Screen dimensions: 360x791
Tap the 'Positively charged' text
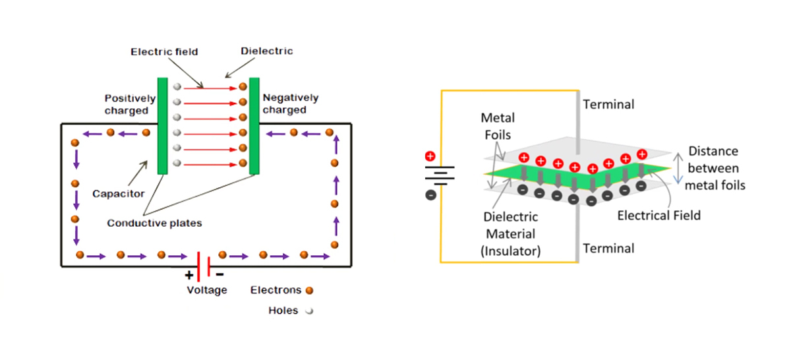pos(130,104)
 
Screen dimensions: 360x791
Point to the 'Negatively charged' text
pos(290,104)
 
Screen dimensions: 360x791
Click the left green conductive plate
pos(162,125)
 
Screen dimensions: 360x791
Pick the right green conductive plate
pos(254,125)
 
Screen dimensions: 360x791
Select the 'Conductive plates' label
pos(154,223)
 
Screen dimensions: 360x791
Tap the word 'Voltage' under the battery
pos(207,289)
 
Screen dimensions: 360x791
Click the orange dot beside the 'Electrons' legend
pos(309,289)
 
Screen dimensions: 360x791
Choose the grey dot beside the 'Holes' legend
pos(308,311)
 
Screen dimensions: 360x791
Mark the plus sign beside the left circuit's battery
pos(190,275)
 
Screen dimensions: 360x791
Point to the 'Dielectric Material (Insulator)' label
pos(512,233)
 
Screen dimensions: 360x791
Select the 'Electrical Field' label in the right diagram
pos(659,215)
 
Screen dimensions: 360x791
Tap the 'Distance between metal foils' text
pos(715,168)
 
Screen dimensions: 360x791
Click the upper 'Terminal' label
pos(609,104)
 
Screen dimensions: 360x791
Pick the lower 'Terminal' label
pos(609,248)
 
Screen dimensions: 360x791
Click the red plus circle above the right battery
pos(430,156)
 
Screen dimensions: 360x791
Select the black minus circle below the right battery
pos(430,195)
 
